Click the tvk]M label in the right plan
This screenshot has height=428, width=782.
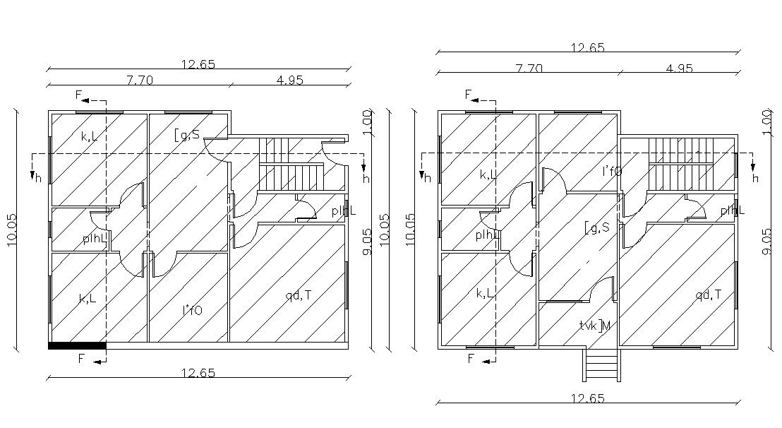pos(594,326)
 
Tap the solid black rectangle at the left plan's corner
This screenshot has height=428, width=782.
pos(77,345)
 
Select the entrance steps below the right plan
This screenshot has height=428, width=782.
pos(601,366)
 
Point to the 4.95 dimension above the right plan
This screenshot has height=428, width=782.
pos(680,69)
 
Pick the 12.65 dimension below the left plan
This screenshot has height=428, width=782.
pos(198,373)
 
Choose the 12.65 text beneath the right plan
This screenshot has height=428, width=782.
pos(588,398)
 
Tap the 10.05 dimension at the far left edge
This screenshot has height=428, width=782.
pos(12,230)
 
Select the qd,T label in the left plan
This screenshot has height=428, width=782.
pos(299,295)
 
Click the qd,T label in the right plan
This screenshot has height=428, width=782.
pos(708,295)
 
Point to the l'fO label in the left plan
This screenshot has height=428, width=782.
pos(193,309)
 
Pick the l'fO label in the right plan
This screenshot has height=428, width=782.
pos(612,171)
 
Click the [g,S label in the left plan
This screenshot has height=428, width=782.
pos(187,133)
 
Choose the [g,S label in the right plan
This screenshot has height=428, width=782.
pos(596,227)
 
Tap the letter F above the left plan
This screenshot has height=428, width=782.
pos(79,95)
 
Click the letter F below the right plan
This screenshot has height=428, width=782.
pos(471,359)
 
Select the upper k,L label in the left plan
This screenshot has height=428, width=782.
pos(90,136)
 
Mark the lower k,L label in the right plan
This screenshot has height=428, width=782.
pos(485,293)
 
